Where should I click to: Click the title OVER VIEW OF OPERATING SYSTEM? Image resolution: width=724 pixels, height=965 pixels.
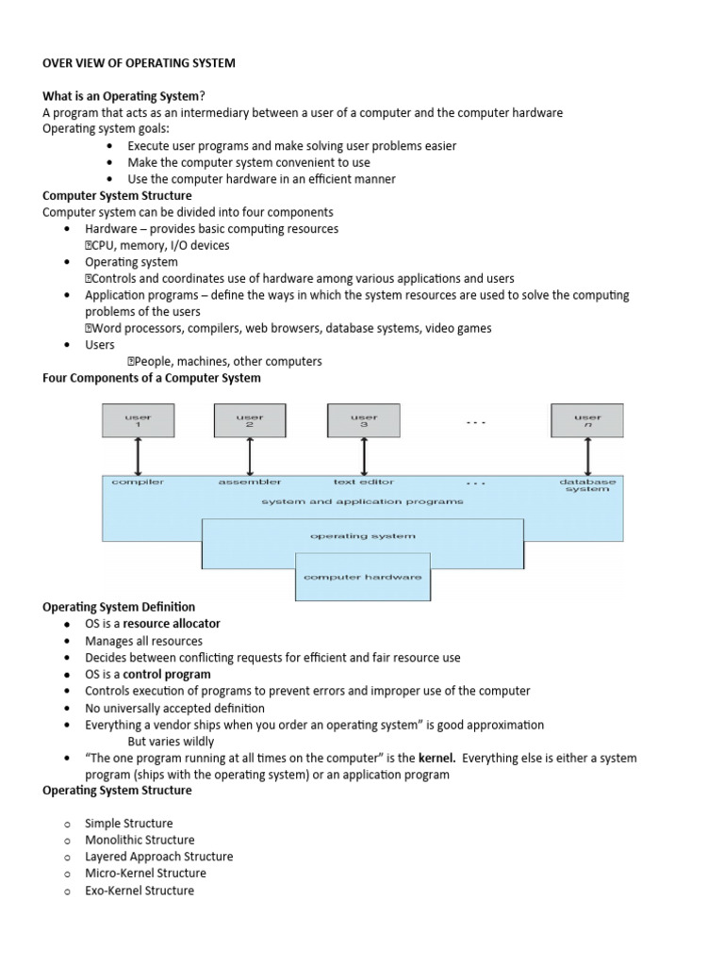(139, 63)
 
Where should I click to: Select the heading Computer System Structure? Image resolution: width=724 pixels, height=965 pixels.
(117, 195)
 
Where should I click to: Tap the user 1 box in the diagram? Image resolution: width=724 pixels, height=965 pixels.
(138, 420)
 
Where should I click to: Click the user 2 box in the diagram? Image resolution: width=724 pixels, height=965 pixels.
(250, 420)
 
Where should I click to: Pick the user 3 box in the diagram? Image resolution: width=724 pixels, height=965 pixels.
(363, 420)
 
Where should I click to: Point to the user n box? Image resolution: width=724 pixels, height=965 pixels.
(587, 420)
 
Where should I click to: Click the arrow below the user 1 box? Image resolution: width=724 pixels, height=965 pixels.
(138, 456)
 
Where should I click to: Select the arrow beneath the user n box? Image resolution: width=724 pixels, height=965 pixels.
(587, 456)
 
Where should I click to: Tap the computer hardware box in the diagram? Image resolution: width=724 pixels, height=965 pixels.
(363, 577)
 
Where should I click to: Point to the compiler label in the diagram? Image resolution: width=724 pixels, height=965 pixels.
(138, 482)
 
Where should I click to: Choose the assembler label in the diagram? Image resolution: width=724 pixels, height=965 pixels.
(250, 482)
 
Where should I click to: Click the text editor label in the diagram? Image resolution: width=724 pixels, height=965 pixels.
(364, 482)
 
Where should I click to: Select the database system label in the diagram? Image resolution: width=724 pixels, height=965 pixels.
(587, 485)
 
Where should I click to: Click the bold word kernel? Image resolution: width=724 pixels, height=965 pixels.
(437, 758)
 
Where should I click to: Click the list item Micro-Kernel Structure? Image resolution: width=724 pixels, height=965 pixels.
(145, 874)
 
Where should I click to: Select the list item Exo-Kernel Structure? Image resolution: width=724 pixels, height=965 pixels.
(140, 891)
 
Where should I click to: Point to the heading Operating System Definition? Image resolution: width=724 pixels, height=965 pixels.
(119, 607)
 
